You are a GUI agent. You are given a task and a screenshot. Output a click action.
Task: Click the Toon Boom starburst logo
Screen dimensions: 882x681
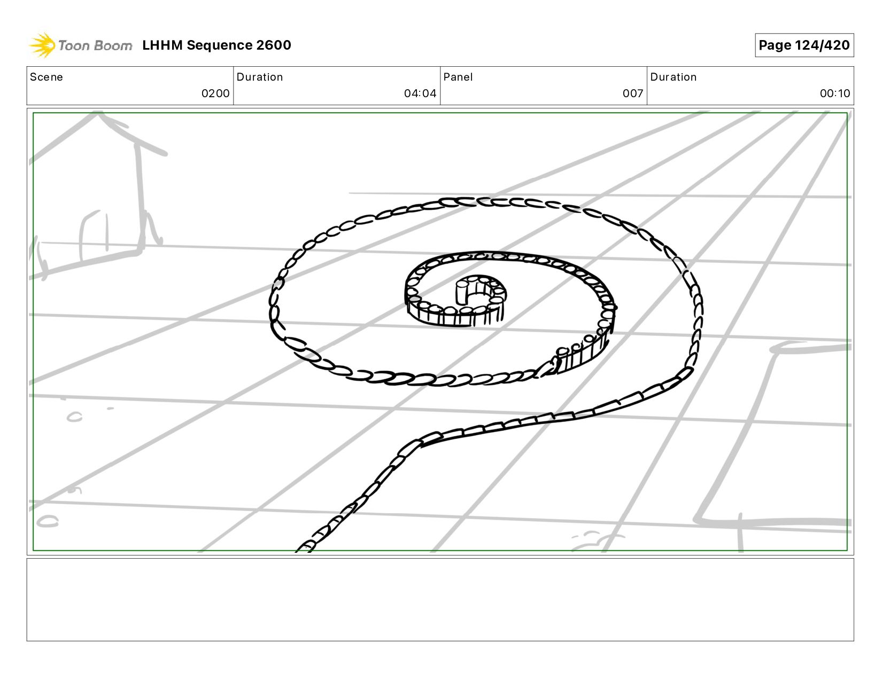point(42,45)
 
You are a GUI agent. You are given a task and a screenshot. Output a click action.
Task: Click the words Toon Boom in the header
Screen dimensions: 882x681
point(95,45)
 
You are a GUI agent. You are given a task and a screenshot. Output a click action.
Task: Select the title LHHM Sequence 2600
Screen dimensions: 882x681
point(216,45)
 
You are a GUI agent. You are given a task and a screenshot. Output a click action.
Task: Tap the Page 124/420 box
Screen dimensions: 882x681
point(804,45)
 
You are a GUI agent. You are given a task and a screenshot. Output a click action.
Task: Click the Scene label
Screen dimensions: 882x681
point(47,77)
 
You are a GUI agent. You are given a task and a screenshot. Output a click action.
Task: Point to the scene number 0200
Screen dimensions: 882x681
point(215,93)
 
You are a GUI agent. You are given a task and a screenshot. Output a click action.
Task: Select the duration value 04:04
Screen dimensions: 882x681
point(420,93)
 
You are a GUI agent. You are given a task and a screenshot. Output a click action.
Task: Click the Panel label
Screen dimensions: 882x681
point(458,77)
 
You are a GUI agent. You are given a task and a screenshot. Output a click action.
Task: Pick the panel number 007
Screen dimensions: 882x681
point(633,93)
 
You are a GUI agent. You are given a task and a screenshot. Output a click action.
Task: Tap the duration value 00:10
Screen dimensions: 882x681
point(835,93)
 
